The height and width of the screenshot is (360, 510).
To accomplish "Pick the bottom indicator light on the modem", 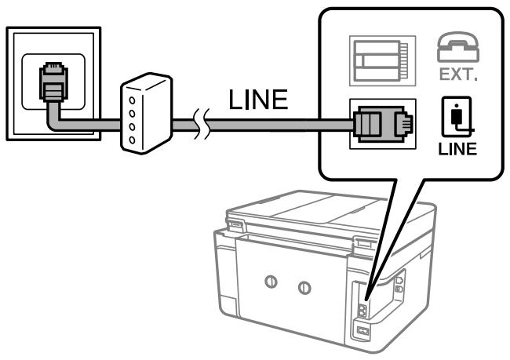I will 132,138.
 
